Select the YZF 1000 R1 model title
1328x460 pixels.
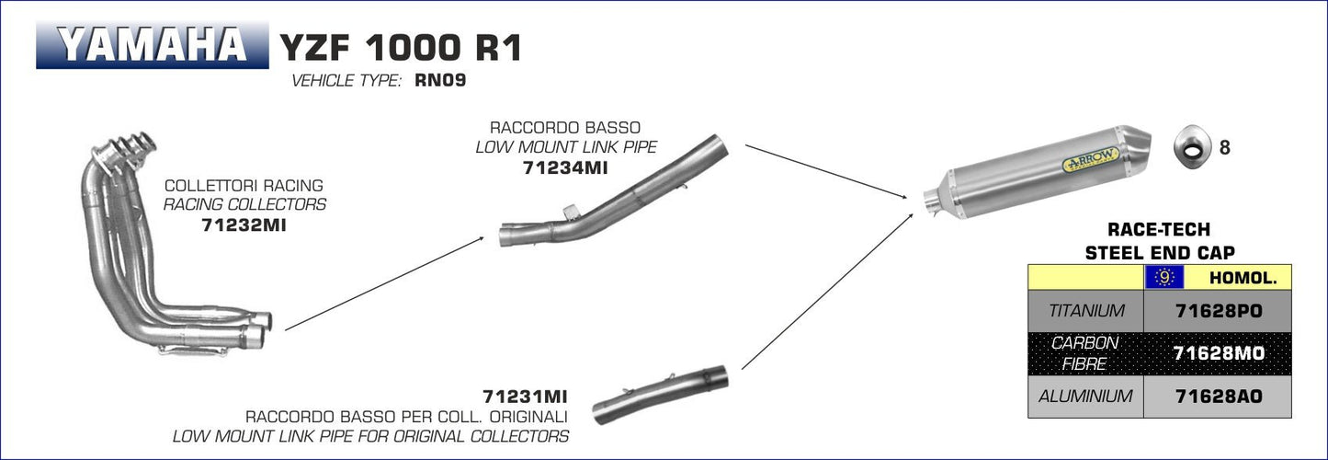(x=400, y=47)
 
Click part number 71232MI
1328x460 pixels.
(x=244, y=224)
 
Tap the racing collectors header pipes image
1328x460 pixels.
(x=175, y=248)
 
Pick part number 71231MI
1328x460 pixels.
(x=525, y=397)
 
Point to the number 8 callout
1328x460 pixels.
(x=1223, y=147)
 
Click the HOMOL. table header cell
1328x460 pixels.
(x=1237, y=277)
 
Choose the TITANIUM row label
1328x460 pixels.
(x=1085, y=312)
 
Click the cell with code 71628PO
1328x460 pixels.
(x=1218, y=312)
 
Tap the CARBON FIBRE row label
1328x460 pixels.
(x=1085, y=353)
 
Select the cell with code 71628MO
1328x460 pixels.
(x=1218, y=353)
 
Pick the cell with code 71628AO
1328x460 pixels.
(x=1218, y=397)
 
